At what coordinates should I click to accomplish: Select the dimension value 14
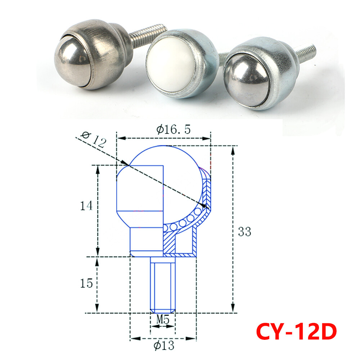tap(86, 206)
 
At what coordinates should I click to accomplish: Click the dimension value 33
tap(244, 232)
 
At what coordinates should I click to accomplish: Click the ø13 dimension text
tap(163, 346)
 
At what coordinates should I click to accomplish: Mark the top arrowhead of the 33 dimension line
tap(233, 150)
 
